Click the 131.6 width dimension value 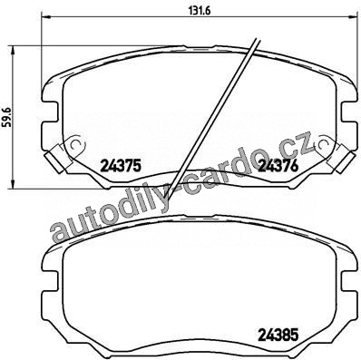click(200, 10)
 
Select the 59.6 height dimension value click(7, 117)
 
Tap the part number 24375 click(121, 166)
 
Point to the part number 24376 click(278, 166)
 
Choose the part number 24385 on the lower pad click(278, 335)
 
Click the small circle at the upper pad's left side click(73, 144)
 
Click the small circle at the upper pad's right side click(324, 144)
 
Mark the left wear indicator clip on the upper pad click(55, 158)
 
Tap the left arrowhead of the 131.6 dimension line click(44, 17)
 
